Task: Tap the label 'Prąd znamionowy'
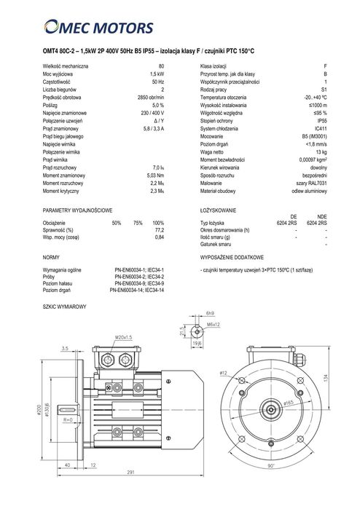click(x=64, y=128)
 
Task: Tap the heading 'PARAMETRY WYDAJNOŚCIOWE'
click(x=77, y=209)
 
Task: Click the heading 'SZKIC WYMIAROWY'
click(x=66, y=307)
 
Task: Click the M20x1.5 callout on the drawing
click(x=123, y=338)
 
